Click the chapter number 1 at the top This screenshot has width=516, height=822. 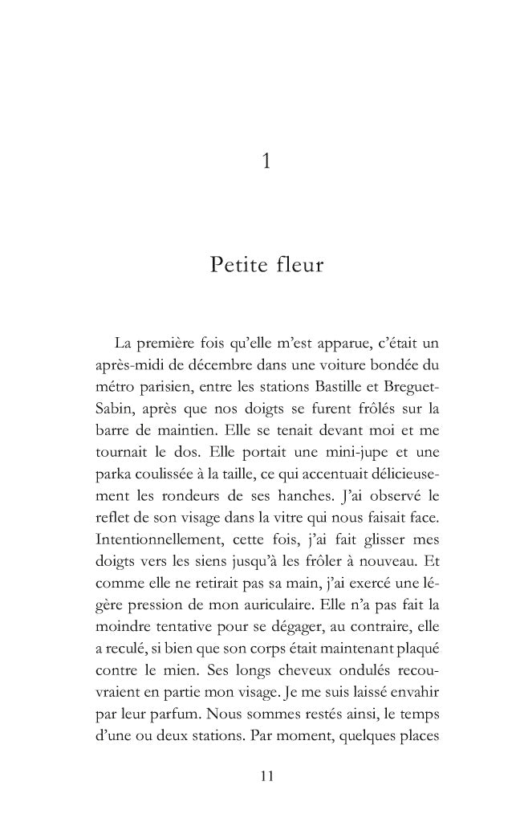coord(265,163)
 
